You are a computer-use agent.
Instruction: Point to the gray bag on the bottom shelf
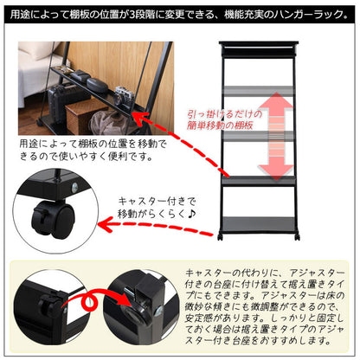click(x=111, y=122)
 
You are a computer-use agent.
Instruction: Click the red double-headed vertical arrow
click(x=276, y=136)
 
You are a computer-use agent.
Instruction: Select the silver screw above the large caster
click(x=75, y=187)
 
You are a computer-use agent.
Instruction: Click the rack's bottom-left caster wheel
click(x=221, y=237)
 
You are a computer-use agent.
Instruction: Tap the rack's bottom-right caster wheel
click(x=297, y=237)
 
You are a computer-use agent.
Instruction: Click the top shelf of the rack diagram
click(x=259, y=44)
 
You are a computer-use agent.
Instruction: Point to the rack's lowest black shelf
click(x=259, y=224)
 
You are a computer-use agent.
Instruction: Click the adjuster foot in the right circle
click(x=136, y=312)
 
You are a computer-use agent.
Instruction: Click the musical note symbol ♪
click(x=191, y=214)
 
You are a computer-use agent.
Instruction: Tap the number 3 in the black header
click(x=132, y=15)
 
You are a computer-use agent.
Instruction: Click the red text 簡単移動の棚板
click(x=220, y=125)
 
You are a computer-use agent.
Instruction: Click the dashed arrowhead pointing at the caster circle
click(x=105, y=225)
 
